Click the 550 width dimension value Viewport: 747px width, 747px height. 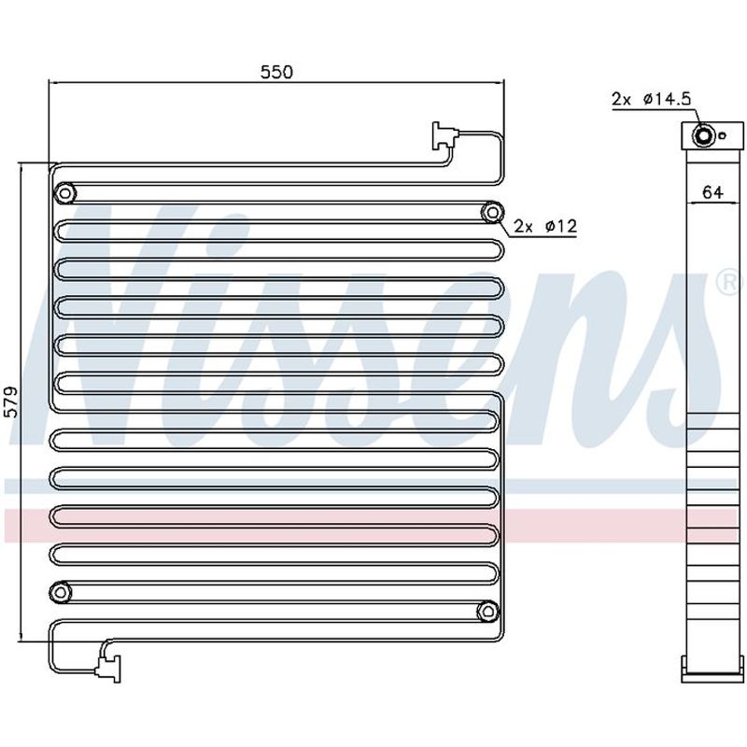(276, 72)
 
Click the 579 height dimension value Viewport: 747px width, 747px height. (10, 402)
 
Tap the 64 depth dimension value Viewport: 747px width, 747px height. (712, 192)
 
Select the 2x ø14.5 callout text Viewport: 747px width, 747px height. (651, 99)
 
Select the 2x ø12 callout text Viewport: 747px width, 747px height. (545, 226)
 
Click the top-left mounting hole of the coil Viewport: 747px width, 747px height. (65, 193)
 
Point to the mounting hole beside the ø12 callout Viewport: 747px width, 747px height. (493, 213)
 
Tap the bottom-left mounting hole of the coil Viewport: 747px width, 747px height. (61, 593)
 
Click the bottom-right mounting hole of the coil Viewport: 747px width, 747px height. (487, 612)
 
